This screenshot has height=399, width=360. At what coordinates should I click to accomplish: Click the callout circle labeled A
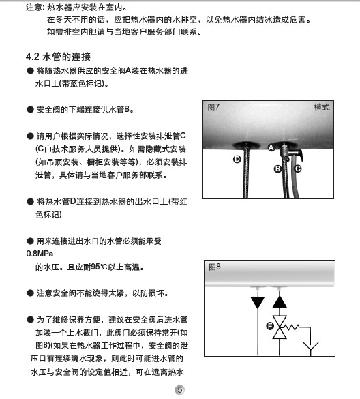point(271,147)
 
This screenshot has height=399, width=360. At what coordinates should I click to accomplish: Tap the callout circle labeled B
point(277,168)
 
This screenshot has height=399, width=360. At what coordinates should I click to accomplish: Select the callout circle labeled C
point(298,168)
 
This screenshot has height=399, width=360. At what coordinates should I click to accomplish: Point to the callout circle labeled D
point(237,160)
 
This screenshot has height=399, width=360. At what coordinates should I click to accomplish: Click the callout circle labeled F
point(270,326)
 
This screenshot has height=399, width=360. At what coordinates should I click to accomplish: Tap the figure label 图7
point(213,107)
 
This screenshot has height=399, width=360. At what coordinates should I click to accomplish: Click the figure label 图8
point(215,267)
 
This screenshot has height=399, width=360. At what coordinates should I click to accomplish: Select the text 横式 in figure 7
point(322,107)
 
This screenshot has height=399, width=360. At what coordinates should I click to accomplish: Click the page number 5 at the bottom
point(180,390)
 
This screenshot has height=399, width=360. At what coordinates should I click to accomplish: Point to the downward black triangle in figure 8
point(258,302)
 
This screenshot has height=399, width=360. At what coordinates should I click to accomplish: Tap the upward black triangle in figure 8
point(280,302)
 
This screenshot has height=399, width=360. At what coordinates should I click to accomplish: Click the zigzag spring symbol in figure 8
point(292,327)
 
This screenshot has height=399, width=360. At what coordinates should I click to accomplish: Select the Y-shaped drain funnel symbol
point(310,347)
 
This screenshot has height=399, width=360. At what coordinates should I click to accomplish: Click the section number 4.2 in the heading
point(33,57)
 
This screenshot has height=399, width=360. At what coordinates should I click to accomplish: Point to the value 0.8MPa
point(40,254)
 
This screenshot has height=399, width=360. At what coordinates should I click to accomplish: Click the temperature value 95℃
point(100,267)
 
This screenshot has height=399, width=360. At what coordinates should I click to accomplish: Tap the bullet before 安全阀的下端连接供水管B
point(30,110)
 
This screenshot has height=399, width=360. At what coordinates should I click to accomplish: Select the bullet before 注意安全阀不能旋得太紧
point(30,293)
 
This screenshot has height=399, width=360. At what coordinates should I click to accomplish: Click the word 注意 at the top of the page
point(34,8)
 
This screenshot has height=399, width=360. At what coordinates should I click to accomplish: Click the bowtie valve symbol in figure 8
point(280,327)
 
